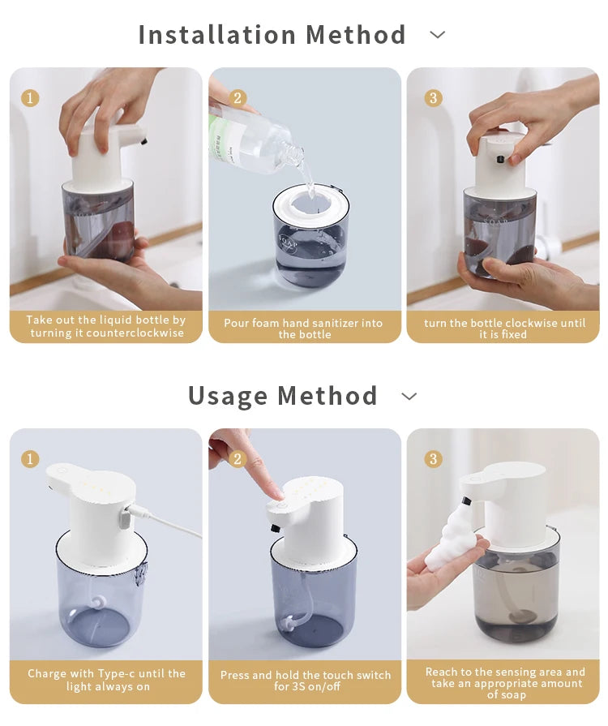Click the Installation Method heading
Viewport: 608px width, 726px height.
tap(272, 35)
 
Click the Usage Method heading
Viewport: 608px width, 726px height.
tap(282, 396)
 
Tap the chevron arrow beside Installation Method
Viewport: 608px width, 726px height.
tap(438, 35)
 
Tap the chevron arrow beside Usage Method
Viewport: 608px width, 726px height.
tap(409, 396)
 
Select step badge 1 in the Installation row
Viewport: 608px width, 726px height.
tap(30, 98)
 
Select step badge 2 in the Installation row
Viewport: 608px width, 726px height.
tap(238, 98)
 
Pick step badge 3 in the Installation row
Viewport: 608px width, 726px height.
tap(434, 98)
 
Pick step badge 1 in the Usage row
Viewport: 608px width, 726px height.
tap(30, 459)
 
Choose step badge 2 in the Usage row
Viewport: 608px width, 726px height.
tap(238, 459)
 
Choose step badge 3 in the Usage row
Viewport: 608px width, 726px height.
tap(434, 459)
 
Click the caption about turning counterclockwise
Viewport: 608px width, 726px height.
tap(105, 327)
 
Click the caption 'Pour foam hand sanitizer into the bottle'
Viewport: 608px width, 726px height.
tap(304, 328)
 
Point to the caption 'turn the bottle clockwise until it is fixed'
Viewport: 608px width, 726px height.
tap(503, 328)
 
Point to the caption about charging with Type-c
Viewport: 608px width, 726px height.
tap(105, 680)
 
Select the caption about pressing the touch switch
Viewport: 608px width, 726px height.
tap(305, 681)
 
